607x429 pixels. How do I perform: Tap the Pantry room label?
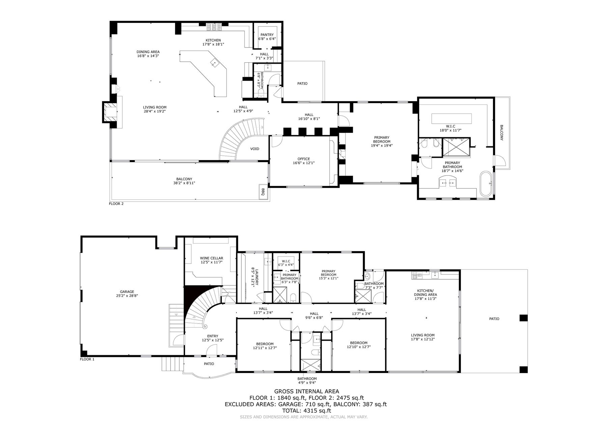pyautogui.click(x=267, y=35)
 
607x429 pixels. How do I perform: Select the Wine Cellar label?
pyautogui.click(x=211, y=258)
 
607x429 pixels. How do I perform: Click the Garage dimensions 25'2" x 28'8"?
pyautogui.click(x=127, y=296)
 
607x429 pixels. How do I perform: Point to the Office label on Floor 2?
pyautogui.click(x=303, y=159)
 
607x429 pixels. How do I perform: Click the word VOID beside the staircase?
pyautogui.click(x=255, y=149)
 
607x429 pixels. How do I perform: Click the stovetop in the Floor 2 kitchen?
pyautogui.click(x=213, y=27)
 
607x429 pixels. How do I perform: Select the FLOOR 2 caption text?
pyautogui.click(x=116, y=204)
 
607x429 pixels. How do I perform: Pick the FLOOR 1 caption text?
pyautogui.click(x=87, y=359)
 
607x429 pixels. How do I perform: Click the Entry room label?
pyautogui.click(x=212, y=336)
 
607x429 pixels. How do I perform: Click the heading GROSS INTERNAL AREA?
pyautogui.click(x=307, y=391)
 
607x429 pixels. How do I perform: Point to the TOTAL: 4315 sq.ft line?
pyautogui.click(x=307, y=411)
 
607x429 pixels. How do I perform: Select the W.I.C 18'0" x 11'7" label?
pyautogui.click(x=450, y=128)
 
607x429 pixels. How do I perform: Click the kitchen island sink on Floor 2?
pyautogui.click(x=214, y=62)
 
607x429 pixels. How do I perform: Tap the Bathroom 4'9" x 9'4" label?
pyautogui.click(x=307, y=380)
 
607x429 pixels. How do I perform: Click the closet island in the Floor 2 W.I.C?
pyautogui.click(x=452, y=118)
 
